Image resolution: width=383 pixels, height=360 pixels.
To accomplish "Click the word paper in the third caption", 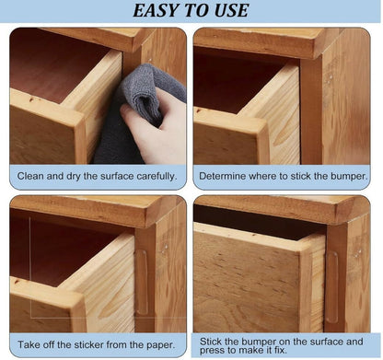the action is coord(160,345).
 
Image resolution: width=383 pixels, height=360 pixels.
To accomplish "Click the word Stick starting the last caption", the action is coord(211,342).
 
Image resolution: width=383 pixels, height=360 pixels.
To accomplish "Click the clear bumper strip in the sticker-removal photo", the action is coord(142,282).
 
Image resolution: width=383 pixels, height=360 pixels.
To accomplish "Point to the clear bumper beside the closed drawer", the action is coord(331,287).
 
